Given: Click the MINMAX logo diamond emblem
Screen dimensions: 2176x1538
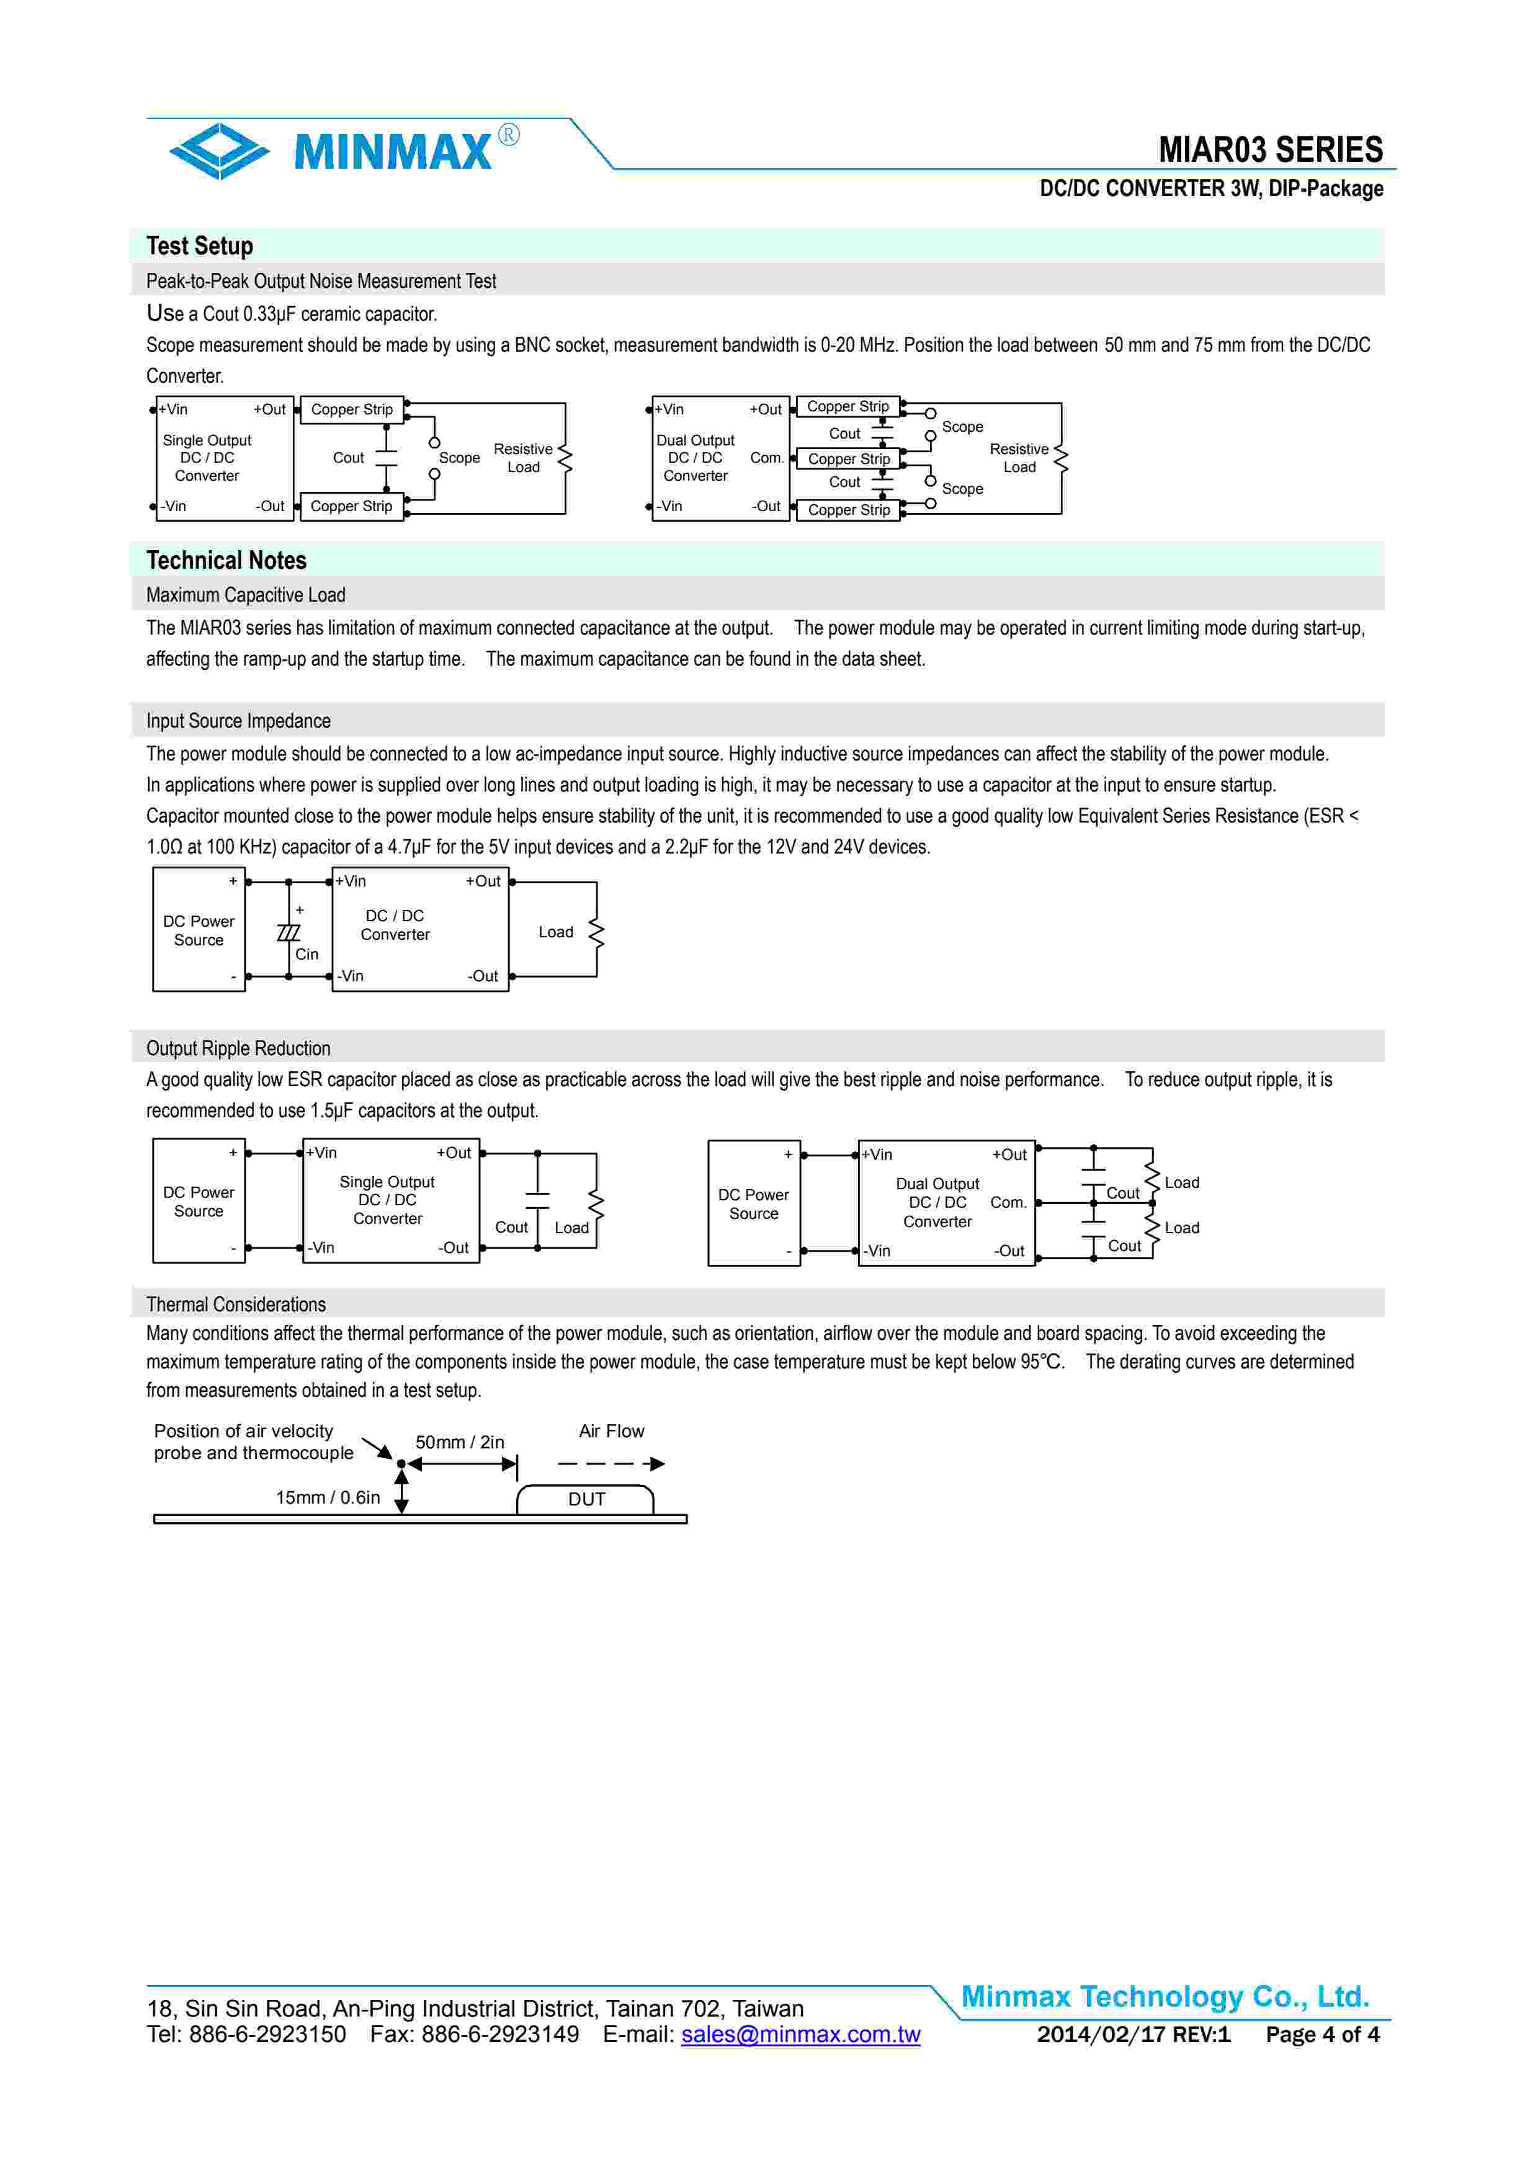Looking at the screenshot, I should click(219, 151).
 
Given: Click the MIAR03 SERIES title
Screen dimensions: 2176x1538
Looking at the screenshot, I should click(1270, 149).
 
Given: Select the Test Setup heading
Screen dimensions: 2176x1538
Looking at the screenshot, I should click(199, 246).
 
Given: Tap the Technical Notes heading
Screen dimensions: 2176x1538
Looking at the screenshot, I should click(226, 560).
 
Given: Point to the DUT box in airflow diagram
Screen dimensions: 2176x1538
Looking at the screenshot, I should click(586, 1499).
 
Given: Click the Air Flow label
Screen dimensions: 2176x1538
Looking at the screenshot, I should click(611, 1431).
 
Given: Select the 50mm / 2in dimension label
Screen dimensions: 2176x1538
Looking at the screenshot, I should click(460, 1442).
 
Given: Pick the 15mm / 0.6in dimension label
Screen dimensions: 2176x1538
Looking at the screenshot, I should click(327, 1497).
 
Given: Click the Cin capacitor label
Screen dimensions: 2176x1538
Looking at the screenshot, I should click(306, 955).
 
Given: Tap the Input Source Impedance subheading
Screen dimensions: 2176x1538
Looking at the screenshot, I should click(238, 721).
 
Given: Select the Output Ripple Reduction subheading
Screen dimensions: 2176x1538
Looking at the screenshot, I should click(238, 1048).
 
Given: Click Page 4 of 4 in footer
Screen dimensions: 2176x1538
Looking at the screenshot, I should click(1322, 2034).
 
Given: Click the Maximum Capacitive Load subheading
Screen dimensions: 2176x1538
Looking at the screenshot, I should click(246, 595).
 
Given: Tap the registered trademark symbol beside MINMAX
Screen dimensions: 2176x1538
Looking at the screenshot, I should click(509, 135).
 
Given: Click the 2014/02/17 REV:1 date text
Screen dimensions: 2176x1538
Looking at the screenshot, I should click(1133, 2034).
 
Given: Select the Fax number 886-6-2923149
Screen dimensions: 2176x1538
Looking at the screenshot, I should click(474, 2034).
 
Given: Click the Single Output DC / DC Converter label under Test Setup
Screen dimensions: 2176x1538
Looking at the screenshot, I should click(207, 458).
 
